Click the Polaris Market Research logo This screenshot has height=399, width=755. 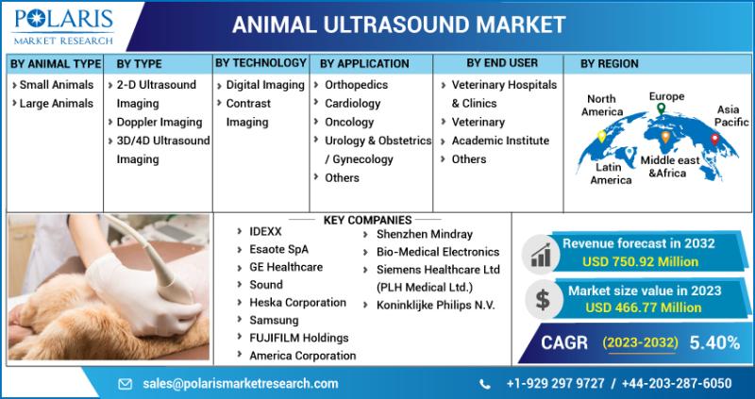63,26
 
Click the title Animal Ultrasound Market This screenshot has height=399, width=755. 398,25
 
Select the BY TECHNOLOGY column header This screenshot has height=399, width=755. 260,63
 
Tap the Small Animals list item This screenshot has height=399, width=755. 57,85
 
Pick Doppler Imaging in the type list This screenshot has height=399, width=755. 159,122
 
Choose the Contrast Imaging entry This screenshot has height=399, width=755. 248,112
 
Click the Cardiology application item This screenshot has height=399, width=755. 352,104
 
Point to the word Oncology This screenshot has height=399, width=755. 349,122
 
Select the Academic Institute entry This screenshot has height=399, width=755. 500,141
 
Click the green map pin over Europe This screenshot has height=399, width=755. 662,108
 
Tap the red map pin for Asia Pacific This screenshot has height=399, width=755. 714,139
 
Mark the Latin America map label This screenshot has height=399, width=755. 611,174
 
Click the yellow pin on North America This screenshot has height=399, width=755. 601,137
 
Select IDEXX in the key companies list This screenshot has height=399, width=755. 265,231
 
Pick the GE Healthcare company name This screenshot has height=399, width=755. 286,267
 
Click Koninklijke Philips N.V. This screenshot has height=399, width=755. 436,306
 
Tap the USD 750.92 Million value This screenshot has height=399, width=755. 640,262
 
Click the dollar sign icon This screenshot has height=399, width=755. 543,300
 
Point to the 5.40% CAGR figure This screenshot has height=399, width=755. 714,342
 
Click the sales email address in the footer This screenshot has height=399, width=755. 241,384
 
